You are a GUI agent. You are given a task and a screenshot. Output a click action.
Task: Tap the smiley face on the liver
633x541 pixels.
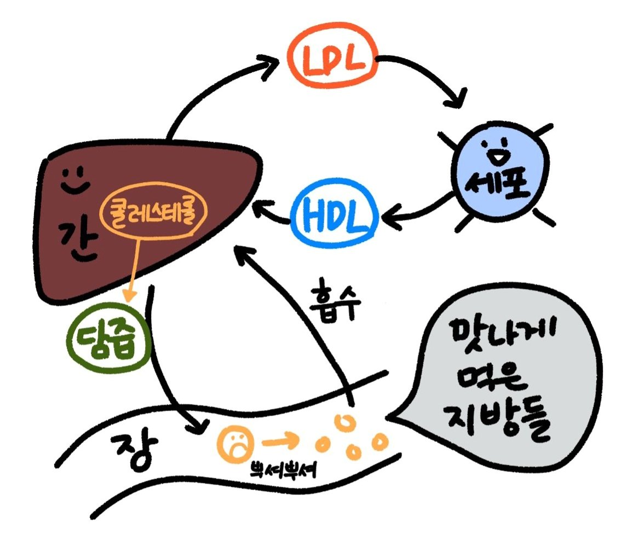click(x=74, y=179)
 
